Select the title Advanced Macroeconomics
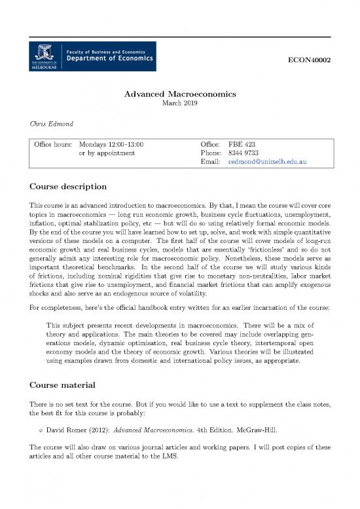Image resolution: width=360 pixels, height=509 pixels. point(179,94)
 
